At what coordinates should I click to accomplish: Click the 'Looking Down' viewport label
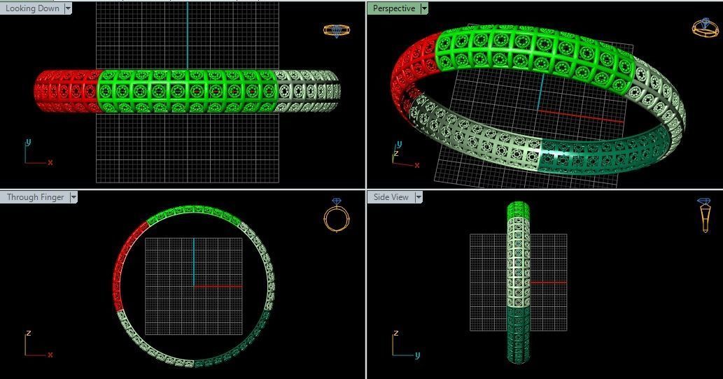click(x=32, y=8)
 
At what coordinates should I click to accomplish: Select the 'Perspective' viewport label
click(x=393, y=8)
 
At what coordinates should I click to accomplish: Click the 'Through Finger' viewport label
click(x=35, y=197)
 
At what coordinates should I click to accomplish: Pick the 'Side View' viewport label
click(x=391, y=197)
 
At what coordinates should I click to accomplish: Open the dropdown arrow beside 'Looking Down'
click(x=68, y=8)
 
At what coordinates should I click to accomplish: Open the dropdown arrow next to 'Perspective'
click(x=424, y=8)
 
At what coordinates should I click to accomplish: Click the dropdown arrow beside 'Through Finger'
click(x=73, y=197)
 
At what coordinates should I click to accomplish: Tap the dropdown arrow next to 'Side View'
click(x=419, y=197)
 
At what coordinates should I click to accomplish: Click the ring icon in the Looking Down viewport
click(x=336, y=31)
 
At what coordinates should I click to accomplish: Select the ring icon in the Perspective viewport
click(x=704, y=27)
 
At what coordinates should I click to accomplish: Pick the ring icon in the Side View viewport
click(x=705, y=214)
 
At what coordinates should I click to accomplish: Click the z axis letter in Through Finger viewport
click(x=29, y=334)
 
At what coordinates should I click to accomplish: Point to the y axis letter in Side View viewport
click(x=417, y=355)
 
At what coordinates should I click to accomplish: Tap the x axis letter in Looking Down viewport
click(x=50, y=162)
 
